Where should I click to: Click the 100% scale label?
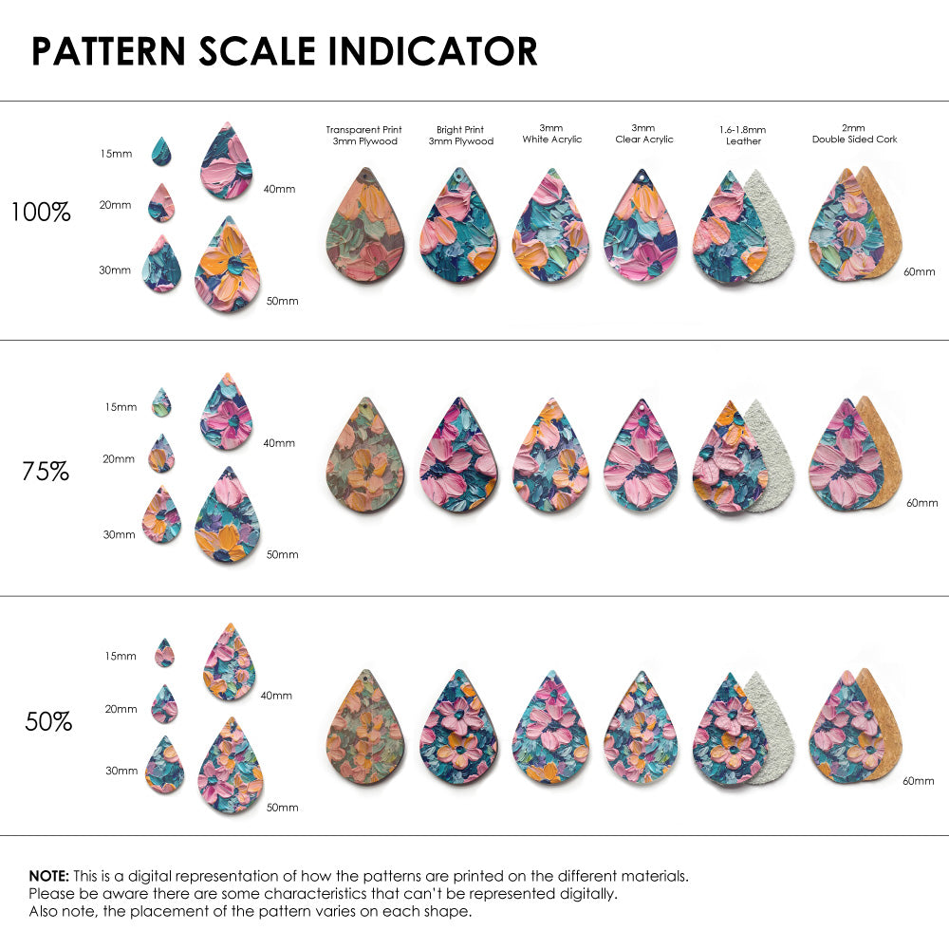click(41, 213)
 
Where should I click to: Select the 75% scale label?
click(46, 471)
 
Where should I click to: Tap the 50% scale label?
click(48, 722)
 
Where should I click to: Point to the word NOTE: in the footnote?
click(48, 876)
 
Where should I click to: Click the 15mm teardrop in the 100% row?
click(161, 152)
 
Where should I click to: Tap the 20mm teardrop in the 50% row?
click(164, 705)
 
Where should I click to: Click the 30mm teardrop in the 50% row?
click(164, 765)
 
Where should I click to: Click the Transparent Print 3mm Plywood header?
click(364, 135)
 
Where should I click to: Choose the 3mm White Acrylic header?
click(551, 134)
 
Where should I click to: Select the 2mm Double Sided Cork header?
click(854, 134)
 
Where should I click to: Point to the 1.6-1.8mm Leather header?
click(743, 135)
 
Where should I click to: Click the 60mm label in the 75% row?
click(921, 502)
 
